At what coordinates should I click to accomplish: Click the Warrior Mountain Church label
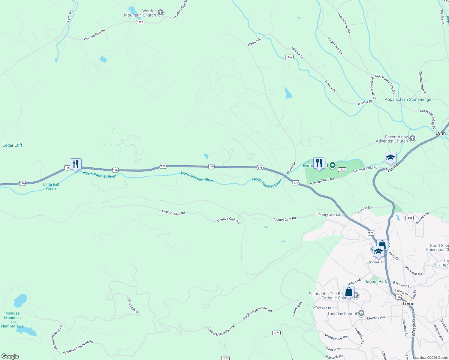[140, 13]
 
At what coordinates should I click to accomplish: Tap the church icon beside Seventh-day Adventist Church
[412, 138]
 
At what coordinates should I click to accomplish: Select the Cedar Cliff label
[12, 145]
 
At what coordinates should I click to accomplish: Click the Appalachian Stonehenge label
[408, 100]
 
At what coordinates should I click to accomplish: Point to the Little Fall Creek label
[51, 187]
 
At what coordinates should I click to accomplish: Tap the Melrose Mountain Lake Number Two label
[12, 320]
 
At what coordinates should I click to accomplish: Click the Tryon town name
[408, 304]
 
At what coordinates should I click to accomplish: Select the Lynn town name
[440, 133]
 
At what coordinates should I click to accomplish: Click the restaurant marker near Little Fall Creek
[76, 164]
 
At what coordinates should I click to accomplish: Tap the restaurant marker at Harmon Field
[319, 163]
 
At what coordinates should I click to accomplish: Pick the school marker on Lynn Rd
[390, 157]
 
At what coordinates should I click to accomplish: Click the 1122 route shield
[140, 22]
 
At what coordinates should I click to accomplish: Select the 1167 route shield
[289, 57]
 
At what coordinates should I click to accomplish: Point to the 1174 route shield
[276, 333]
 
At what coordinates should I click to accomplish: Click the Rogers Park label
[375, 282]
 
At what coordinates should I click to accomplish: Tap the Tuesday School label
[342, 314]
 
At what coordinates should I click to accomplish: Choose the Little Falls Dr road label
[133, 306]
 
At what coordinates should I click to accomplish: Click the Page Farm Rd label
[335, 46]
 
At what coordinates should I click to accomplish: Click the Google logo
[10, 356]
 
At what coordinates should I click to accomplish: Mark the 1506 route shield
[409, 218]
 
